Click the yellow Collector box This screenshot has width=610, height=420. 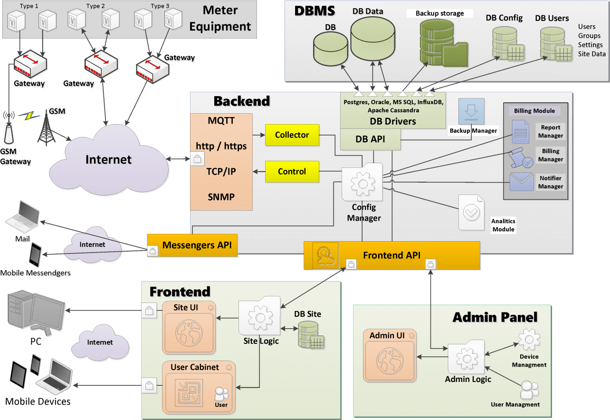pyautogui.click(x=292, y=135)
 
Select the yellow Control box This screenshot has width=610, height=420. pyautogui.click(x=292, y=172)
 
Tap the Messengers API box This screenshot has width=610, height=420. pyautogui.click(x=197, y=245)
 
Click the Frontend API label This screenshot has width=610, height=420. pyautogui.click(x=391, y=255)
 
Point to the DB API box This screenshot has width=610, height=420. pyautogui.click(x=370, y=139)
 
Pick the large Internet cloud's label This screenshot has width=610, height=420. pyautogui.click(x=108, y=159)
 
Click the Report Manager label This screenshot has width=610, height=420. pyautogui.click(x=551, y=131)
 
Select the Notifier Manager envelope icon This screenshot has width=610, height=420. pyautogui.click(x=521, y=182)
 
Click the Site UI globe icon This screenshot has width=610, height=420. pyautogui.click(x=189, y=332)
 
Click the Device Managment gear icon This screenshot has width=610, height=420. pyautogui.click(x=528, y=341)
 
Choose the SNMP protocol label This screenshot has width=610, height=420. pyautogui.click(x=221, y=197)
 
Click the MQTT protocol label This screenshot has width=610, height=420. pyautogui.click(x=221, y=120)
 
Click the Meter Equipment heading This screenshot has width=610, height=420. pyautogui.click(x=219, y=18)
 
